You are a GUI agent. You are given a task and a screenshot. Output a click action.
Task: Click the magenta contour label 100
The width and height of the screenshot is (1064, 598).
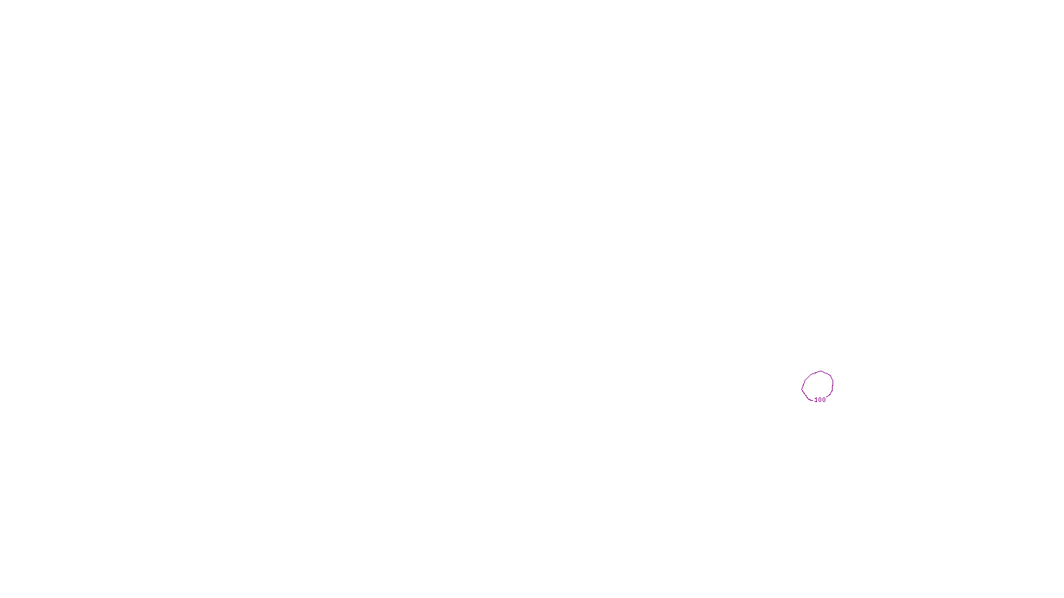(820, 400)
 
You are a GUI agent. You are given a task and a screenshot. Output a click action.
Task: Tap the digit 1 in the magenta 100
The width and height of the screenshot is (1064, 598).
(816, 400)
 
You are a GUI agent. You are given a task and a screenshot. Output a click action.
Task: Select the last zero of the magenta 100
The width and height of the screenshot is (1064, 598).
(824, 400)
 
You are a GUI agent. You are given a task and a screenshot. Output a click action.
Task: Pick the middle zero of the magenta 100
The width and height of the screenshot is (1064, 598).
(820, 400)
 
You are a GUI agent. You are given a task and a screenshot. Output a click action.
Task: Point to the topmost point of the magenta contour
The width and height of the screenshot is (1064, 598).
(821, 371)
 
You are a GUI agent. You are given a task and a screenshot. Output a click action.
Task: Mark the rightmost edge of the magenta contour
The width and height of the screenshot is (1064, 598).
(833, 383)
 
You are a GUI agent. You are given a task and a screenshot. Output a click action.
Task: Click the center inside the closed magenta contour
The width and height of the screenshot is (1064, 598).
(818, 385)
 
